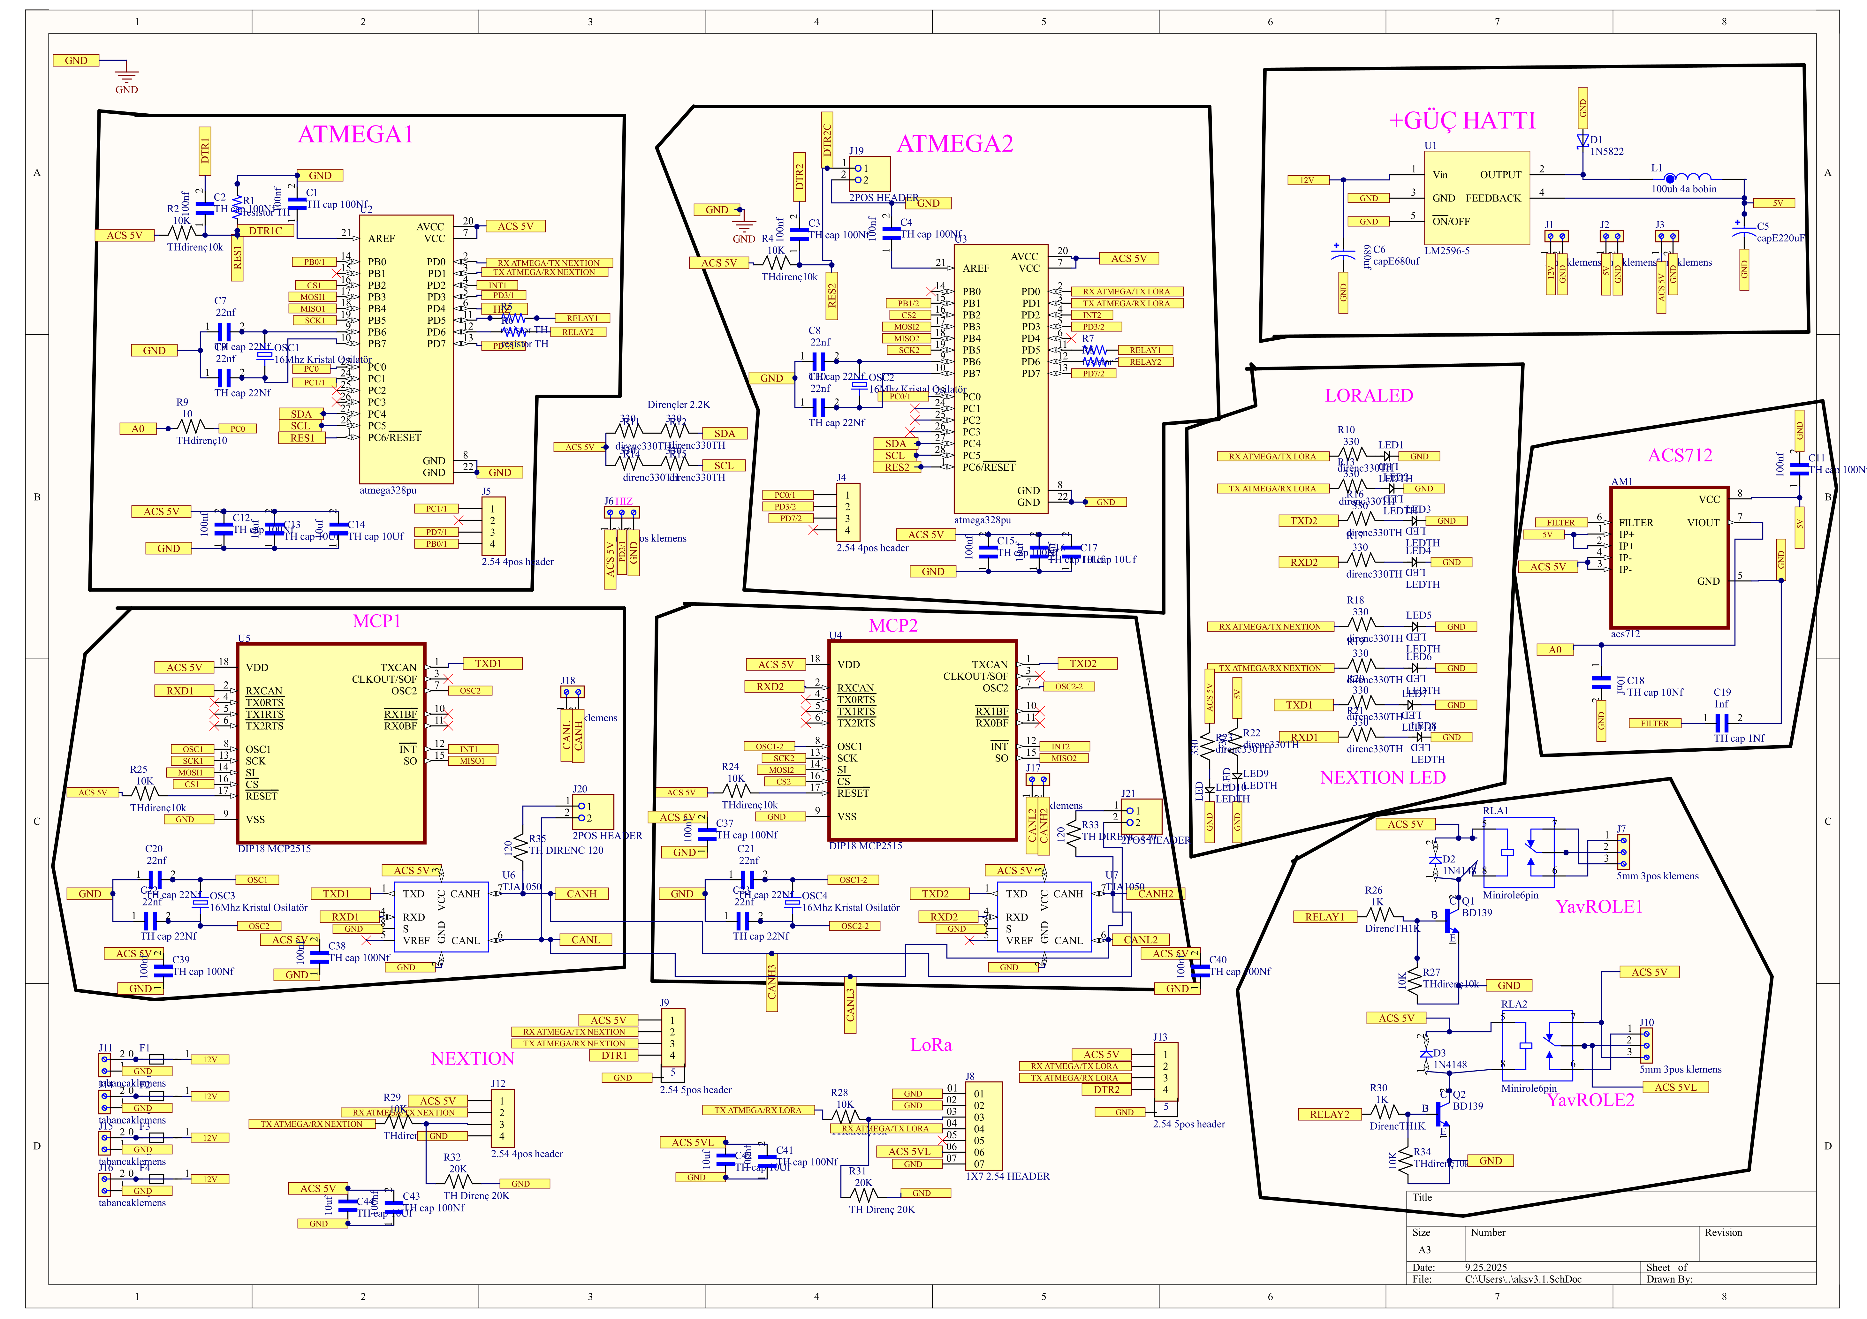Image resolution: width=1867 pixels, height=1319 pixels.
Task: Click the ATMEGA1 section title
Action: click(355, 134)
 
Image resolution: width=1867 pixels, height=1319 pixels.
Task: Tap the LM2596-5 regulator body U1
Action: click(1476, 198)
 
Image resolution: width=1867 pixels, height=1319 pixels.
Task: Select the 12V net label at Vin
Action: click(1307, 180)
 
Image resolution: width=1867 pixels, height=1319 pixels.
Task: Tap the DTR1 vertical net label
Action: click(205, 150)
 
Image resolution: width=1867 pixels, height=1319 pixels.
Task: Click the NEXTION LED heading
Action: click(1382, 777)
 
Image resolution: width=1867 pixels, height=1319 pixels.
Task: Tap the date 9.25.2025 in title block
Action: click(1486, 1267)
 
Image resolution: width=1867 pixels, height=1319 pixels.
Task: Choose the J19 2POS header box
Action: click(869, 174)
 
